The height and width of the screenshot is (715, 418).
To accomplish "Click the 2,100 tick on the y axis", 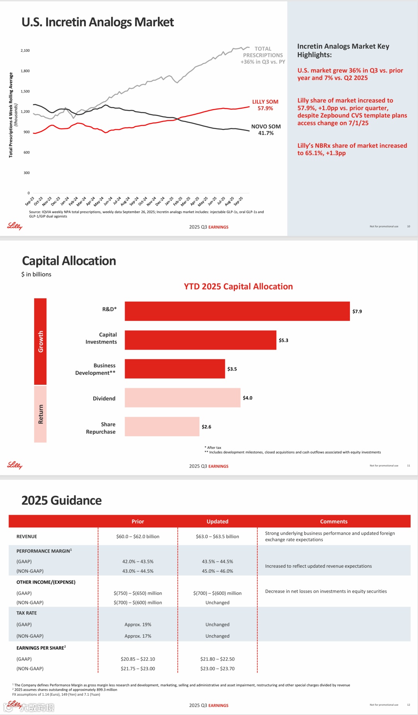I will click(x=25, y=51).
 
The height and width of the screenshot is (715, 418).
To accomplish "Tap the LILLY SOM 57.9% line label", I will click(x=265, y=105).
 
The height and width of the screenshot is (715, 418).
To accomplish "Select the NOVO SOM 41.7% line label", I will click(x=266, y=130).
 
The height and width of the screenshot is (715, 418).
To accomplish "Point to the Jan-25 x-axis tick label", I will click(x=170, y=201).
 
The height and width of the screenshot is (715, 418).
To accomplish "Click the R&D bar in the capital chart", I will click(x=237, y=311).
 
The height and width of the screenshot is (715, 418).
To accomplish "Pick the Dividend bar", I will click(x=182, y=398).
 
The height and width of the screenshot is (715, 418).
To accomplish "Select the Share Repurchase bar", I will click(x=162, y=427).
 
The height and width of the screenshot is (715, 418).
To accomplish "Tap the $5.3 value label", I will click(x=283, y=340).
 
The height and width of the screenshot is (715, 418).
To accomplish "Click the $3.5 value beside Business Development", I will click(x=232, y=369).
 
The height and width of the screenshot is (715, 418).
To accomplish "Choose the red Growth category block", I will click(x=40, y=341).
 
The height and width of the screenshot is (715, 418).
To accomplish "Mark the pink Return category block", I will click(x=40, y=414).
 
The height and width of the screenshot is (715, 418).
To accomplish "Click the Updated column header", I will click(x=218, y=521).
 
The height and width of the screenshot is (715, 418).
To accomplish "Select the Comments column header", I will click(x=334, y=521).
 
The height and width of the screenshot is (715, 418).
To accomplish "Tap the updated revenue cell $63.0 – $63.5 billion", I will click(x=218, y=536).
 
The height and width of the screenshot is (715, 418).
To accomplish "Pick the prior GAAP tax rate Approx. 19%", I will click(x=138, y=625).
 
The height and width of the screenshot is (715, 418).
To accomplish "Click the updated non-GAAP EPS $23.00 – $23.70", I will click(x=218, y=669).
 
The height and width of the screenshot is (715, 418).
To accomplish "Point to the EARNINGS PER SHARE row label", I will click(x=41, y=648).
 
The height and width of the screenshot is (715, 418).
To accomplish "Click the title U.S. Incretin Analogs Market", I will click(x=98, y=22).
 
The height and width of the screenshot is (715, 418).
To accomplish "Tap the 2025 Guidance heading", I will click(x=62, y=500).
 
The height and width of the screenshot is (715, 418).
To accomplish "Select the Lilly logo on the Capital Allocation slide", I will click(x=15, y=465).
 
